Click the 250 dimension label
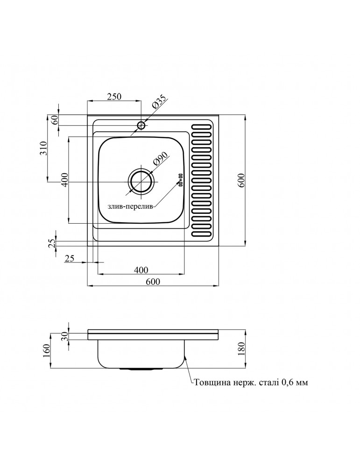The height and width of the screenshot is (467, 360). [x=114, y=97]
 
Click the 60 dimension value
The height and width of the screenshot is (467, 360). [x=55, y=119]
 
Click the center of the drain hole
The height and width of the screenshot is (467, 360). [x=141, y=182]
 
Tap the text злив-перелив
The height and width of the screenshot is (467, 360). [x=130, y=207]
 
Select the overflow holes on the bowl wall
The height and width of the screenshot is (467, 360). [x=179, y=180]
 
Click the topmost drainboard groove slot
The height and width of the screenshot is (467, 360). [x=202, y=126]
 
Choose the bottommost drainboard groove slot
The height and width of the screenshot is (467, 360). [x=202, y=232]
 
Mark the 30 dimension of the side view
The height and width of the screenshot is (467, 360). [x=65, y=335]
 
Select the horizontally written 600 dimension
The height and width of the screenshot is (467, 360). [x=153, y=281]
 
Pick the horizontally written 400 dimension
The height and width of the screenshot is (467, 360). [x=141, y=270]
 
